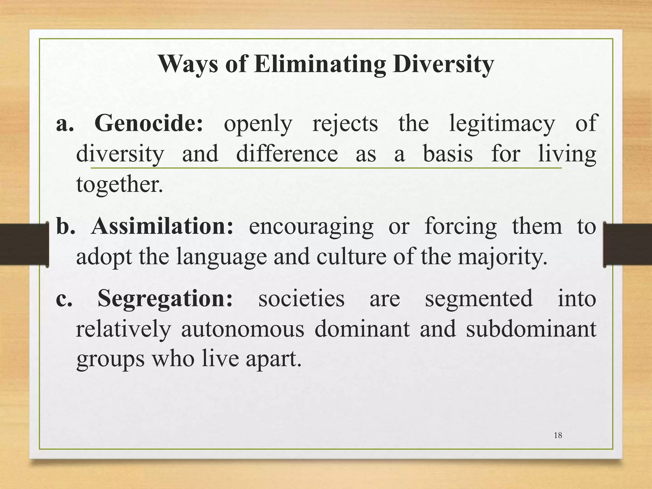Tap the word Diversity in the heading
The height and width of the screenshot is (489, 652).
[x=443, y=64]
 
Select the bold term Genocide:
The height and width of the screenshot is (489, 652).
[x=149, y=124]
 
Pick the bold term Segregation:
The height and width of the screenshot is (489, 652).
[x=165, y=299]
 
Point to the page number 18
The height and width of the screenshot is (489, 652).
[x=558, y=436]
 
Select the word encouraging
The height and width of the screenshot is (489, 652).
[x=311, y=227]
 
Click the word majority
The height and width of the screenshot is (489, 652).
[x=502, y=257]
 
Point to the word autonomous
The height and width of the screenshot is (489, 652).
[x=243, y=329]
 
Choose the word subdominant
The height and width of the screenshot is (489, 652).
[x=531, y=329]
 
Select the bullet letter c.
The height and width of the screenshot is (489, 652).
[x=64, y=299]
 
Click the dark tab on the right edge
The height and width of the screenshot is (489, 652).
[x=628, y=244]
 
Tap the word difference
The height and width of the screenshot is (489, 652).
[x=287, y=154]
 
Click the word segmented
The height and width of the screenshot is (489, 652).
[x=478, y=299]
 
